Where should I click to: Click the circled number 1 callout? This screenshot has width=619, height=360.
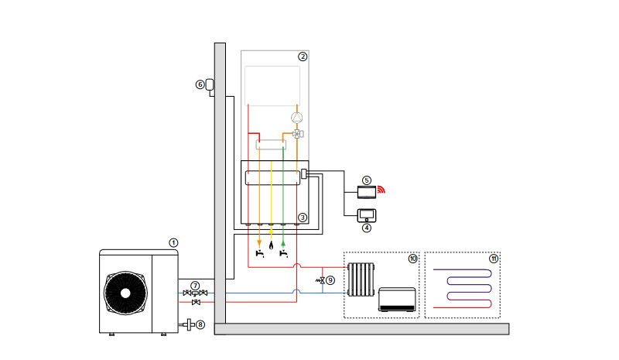[173, 242]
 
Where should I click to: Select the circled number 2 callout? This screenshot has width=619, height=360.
[303, 57]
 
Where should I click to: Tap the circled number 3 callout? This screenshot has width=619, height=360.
[303, 218]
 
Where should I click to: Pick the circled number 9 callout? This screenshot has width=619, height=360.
[330, 279]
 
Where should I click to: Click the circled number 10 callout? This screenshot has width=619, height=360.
[413, 257]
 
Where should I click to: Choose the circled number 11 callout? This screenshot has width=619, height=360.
[493, 257]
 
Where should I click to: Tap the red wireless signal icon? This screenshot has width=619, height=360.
[381, 188]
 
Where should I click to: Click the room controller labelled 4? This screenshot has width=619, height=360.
[365, 214]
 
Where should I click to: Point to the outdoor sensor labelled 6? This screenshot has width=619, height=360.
[209, 84]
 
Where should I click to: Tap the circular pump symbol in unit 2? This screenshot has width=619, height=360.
[296, 118]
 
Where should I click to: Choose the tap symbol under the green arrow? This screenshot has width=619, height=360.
[285, 252]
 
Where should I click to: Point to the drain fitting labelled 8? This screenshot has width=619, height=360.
[188, 324]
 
